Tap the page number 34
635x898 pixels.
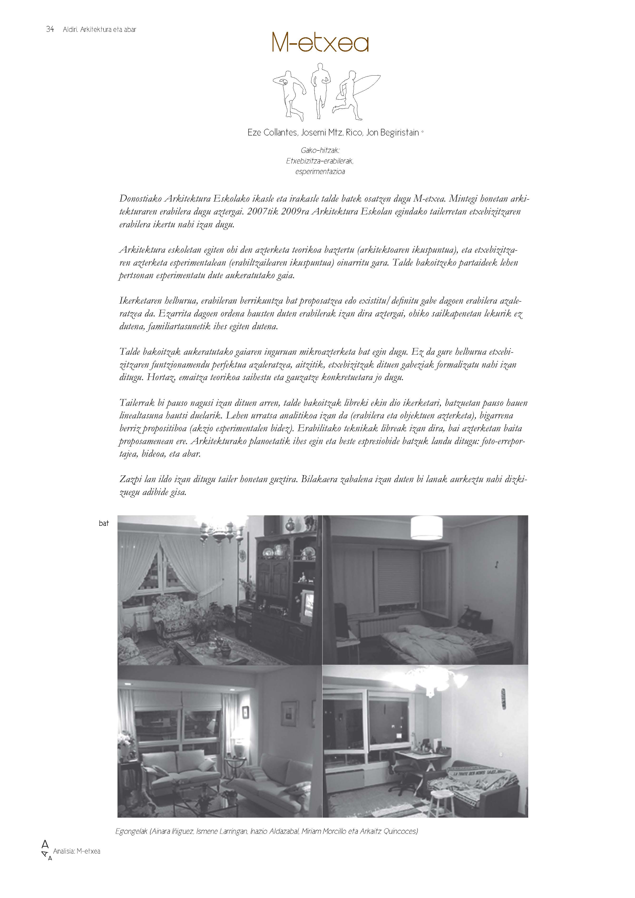(x=50, y=29)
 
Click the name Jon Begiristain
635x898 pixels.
(x=392, y=133)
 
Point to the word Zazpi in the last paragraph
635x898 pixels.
(x=130, y=479)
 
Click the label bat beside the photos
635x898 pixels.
(x=104, y=523)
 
